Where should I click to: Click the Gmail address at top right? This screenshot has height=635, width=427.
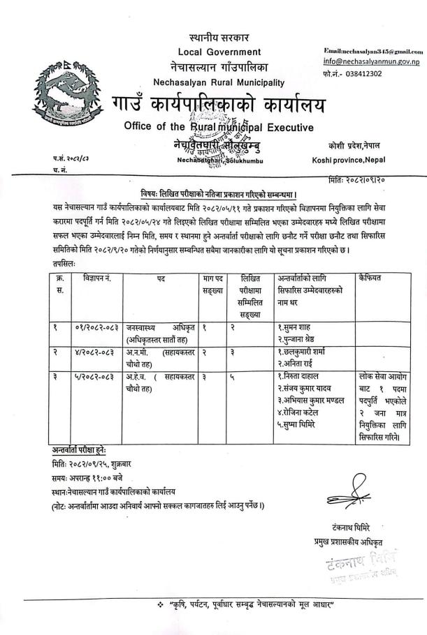coord(374,52)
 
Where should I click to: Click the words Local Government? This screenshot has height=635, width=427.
coord(219,52)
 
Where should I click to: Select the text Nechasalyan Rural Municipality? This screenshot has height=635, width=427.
coord(219,82)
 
